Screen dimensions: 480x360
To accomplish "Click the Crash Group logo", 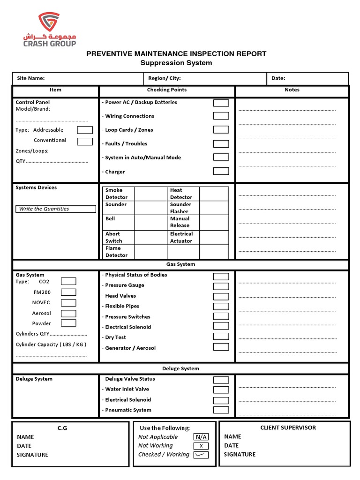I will [x=50, y=30].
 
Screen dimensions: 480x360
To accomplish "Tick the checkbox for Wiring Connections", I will [x=221, y=116].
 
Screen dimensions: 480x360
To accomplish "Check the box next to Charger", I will [x=221, y=171].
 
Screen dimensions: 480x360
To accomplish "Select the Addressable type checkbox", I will [x=85, y=130].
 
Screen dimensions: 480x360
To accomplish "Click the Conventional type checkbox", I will [x=85, y=141].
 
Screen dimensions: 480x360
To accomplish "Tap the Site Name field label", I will [x=31, y=78].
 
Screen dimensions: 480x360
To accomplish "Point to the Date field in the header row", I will [x=278, y=78].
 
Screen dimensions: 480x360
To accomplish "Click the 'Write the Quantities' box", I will [x=55, y=209].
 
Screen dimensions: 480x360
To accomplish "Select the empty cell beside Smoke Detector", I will [x=150, y=194].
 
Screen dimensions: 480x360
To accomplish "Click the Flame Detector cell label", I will [x=116, y=252].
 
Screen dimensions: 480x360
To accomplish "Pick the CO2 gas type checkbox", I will [x=68, y=282].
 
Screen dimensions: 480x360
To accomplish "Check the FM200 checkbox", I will [x=68, y=292].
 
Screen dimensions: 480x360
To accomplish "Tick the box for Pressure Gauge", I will [x=221, y=286].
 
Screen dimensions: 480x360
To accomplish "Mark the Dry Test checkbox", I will [x=221, y=337].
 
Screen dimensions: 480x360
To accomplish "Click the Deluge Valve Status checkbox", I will [x=221, y=380].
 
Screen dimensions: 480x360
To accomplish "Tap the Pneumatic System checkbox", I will [x=221, y=410].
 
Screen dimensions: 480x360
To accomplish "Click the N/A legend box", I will [x=201, y=437].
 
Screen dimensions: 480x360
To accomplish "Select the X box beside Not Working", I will [x=201, y=446].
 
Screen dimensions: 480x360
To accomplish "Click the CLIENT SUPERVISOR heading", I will [x=288, y=427].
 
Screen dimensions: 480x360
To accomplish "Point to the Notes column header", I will [x=292, y=90].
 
